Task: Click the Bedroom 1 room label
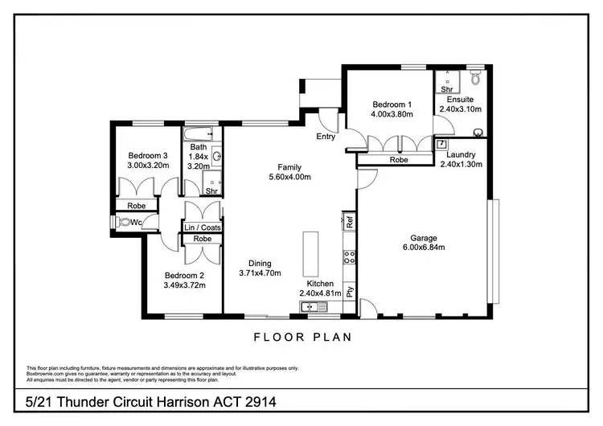[x=392, y=104]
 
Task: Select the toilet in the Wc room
[x=125, y=222]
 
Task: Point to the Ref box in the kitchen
[x=350, y=220]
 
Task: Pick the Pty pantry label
[x=350, y=291]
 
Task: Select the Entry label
[x=326, y=137]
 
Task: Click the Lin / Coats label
[x=203, y=227]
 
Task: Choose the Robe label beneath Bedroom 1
[x=398, y=159]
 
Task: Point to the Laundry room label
[x=461, y=154]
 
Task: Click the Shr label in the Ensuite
[x=445, y=89]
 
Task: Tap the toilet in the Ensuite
[x=475, y=78]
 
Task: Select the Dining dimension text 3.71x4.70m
[x=260, y=273]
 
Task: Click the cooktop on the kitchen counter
[x=350, y=258]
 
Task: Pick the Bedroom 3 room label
[x=148, y=156]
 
